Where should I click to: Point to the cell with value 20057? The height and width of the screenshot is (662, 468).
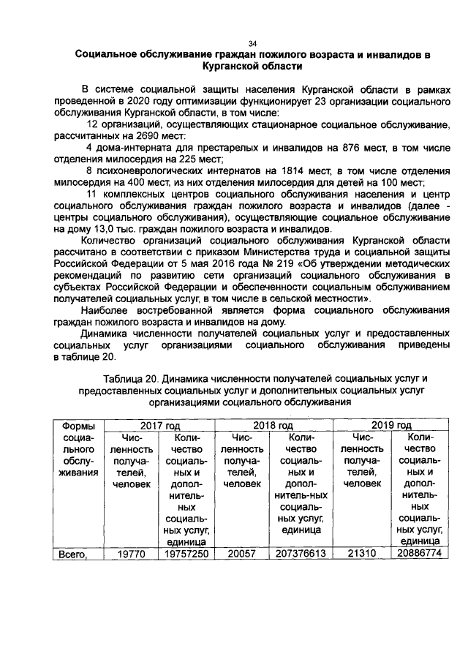coord(242,554)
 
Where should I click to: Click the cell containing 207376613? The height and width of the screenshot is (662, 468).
coord(300,554)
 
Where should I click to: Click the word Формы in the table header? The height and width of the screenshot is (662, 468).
coord(78,425)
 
